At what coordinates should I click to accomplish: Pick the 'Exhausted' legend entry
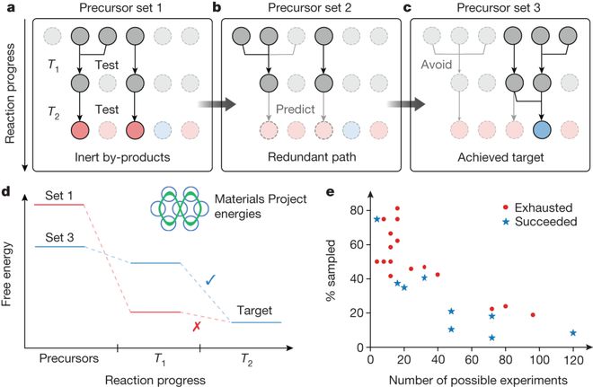click(x=528, y=207)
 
